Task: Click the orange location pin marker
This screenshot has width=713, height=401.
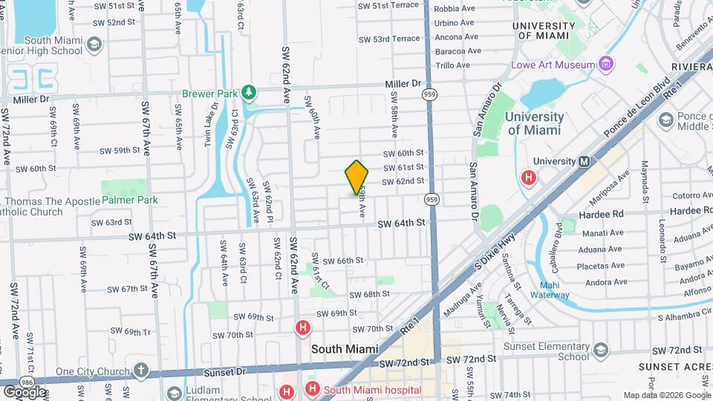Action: [356, 177]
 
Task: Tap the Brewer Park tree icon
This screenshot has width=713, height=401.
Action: [250, 93]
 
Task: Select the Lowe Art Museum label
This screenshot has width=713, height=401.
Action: [553, 65]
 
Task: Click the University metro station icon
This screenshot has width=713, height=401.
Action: [584, 161]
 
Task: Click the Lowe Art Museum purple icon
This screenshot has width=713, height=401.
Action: [607, 65]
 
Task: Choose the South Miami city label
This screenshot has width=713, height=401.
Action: [345, 348]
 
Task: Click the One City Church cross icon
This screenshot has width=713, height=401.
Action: [142, 370]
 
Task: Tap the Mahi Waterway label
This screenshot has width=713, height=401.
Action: [554, 290]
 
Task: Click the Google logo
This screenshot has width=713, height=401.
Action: [24, 391]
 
